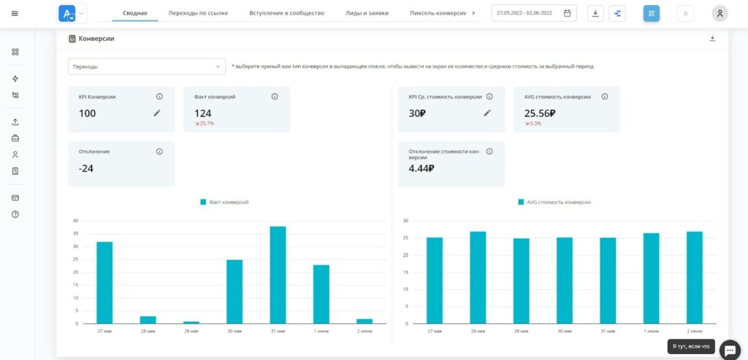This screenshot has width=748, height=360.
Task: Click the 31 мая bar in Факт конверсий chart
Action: point(278,275)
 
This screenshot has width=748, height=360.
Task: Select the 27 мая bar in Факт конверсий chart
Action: point(104,283)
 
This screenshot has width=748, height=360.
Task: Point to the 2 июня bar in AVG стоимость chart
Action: point(695,277)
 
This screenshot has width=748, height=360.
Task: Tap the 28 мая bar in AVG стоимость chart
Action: point(478,277)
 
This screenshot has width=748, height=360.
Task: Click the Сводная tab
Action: point(135,13)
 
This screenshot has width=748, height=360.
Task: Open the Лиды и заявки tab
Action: point(367,13)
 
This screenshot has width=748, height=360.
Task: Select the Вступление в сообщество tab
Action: point(286,13)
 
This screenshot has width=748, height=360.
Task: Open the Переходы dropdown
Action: point(147,66)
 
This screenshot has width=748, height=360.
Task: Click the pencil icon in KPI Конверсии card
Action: point(157,113)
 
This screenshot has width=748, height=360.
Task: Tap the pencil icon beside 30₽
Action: point(486,113)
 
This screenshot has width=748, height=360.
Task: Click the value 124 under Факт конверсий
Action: point(203,113)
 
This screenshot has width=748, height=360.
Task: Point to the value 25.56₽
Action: point(540,113)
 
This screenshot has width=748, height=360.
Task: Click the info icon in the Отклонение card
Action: point(159,152)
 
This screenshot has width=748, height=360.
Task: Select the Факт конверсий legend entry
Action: point(224,202)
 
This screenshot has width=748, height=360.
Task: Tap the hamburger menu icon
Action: point(15,13)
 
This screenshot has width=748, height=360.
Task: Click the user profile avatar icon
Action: point(720,13)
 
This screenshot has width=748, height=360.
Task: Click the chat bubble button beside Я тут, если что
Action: point(730,349)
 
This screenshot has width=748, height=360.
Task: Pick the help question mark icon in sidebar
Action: point(15,214)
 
